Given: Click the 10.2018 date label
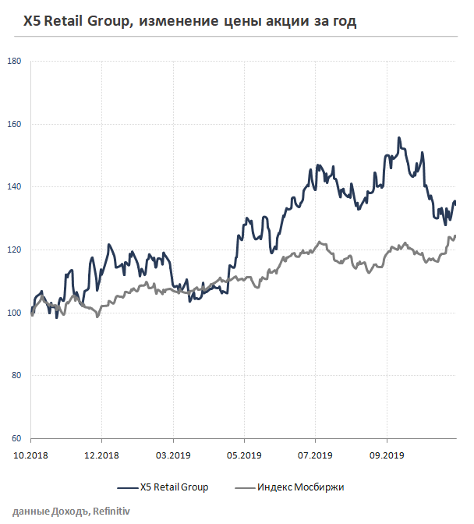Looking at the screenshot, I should pos(30,455).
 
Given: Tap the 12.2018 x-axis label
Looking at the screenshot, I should pos(101,455).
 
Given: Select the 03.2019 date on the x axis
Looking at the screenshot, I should pos(173,455).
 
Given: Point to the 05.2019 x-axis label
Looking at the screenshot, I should pos(244,455).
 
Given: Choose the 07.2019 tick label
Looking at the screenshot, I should pos(316,455).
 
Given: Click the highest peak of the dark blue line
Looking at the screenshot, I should pos(399,138).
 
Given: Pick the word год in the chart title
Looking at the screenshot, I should pos(343,23).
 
